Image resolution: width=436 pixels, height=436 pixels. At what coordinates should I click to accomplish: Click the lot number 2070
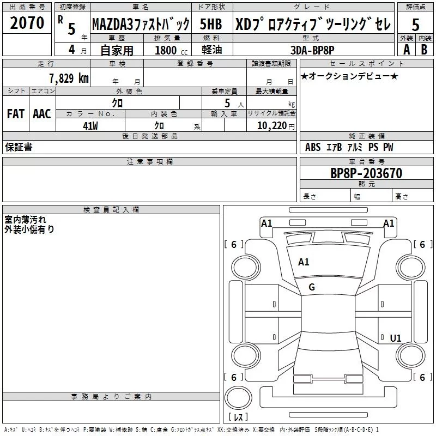pyautogui.click(x=27, y=23)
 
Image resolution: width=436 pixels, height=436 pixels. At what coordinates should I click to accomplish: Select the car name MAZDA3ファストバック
pyautogui.click(x=141, y=24)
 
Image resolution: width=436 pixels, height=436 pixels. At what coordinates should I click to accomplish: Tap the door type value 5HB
pyautogui.click(x=210, y=24)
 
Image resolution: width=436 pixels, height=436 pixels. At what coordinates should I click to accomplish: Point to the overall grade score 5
pyautogui.click(x=415, y=25)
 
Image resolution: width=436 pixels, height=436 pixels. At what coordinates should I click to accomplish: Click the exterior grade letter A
pyautogui.click(x=406, y=49)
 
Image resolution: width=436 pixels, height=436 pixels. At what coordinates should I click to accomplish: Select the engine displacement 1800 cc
pyautogui.click(x=169, y=50)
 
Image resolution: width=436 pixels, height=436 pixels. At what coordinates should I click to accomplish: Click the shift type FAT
pyautogui.click(x=15, y=113)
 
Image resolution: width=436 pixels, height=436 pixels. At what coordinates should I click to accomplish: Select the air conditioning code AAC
pyautogui.click(x=41, y=113)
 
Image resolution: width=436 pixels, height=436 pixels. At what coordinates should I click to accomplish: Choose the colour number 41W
pyautogui.click(x=90, y=125)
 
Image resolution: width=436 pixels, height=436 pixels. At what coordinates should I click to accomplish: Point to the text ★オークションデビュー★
pyautogui.click(x=349, y=76)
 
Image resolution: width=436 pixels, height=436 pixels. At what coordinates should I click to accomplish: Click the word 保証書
pyautogui.click(x=19, y=147)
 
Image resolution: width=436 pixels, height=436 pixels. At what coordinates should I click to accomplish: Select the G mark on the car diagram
pyautogui.click(x=312, y=287)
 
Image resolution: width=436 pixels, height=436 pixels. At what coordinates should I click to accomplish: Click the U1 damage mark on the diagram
pyautogui.click(x=395, y=338)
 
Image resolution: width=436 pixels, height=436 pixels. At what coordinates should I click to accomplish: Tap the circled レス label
pyautogui.click(x=238, y=417)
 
